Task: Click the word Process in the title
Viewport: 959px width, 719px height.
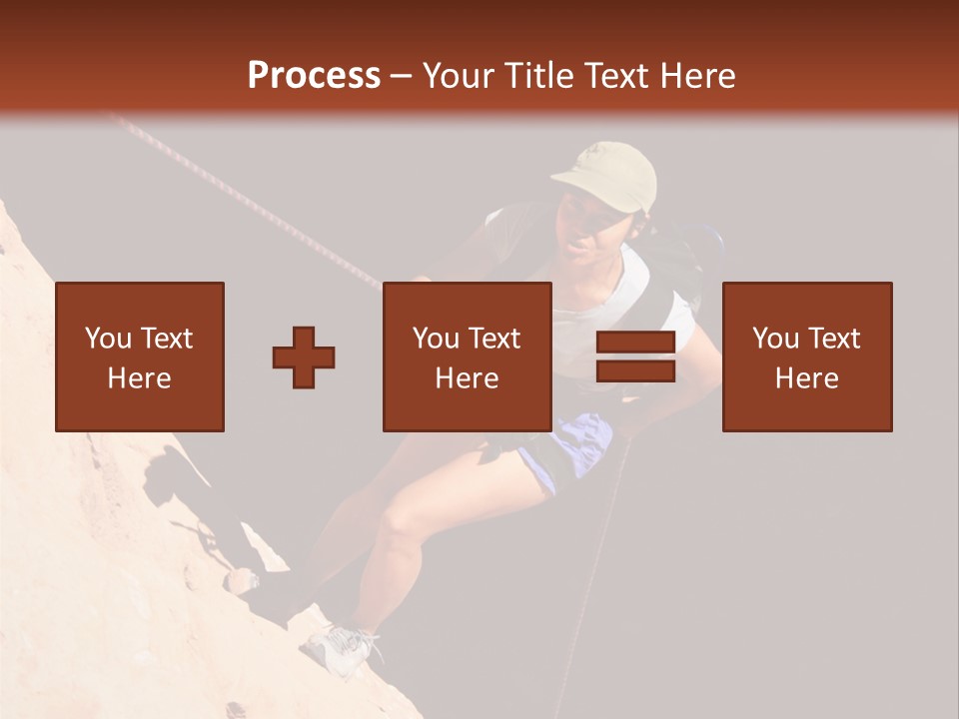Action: click(314, 76)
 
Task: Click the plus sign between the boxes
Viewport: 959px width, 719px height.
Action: click(304, 357)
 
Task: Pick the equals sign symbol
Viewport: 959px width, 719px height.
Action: click(635, 357)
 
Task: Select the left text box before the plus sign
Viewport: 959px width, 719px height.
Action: click(139, 357)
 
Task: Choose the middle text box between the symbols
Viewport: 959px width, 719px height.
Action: click(467, 357)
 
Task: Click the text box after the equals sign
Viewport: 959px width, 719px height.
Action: click(806, 357)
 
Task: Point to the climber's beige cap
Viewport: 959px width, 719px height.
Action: click(608, 174)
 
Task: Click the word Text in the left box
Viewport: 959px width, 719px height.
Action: click(166, 339)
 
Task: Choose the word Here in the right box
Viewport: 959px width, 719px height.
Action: click(806, 378)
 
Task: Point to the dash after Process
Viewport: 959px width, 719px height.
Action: click(402, 76)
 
